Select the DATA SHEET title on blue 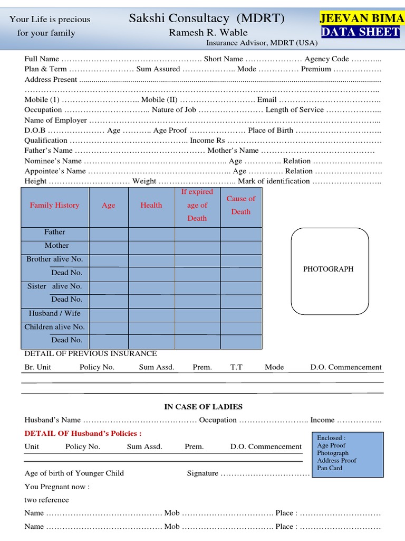(361, 32)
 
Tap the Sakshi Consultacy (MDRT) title (207, 19)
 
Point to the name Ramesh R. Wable (208, 33)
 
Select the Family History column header (55, 206)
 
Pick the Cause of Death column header (240, 205)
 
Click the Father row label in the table (55, 232)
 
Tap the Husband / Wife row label (55, 313)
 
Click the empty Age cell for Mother (109, 246)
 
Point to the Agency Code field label (326, 59)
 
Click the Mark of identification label (274, 181)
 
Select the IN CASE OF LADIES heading (203, 407)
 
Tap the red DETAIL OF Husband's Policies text (83, 434)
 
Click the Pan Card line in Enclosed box (330, 468)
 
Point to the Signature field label (202, 473)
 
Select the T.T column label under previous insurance (236, 367)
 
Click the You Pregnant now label (57, 487)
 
